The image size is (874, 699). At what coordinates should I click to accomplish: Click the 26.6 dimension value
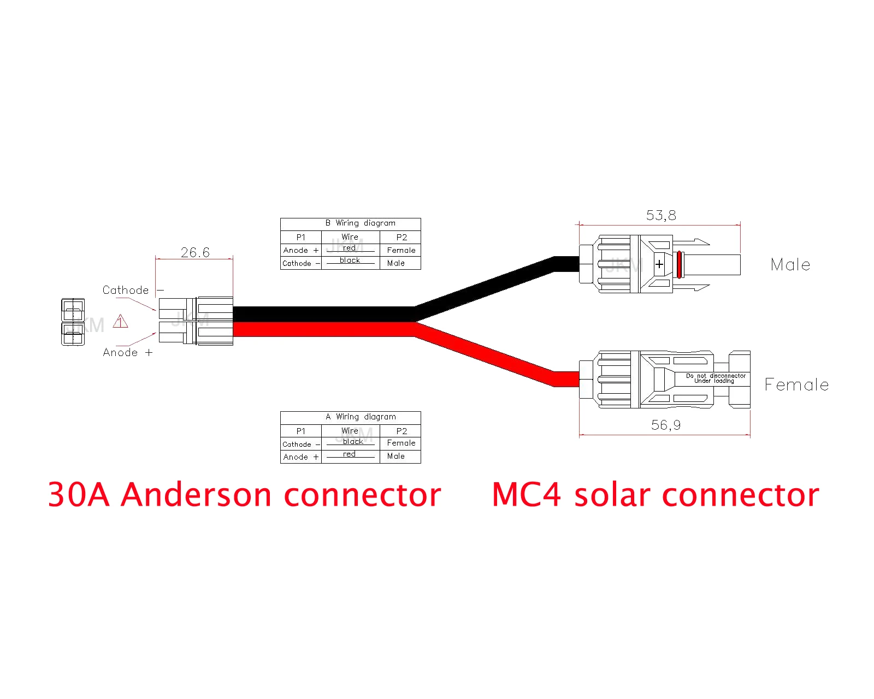[195, 252]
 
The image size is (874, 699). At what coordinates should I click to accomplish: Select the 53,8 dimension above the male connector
[661, 215]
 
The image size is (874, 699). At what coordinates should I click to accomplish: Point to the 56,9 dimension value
[666, 425]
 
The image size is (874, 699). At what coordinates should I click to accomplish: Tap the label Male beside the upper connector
[790, 265]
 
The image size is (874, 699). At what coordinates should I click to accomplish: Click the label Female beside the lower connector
[796, 385]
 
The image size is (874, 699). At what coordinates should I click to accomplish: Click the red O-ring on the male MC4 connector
[679, 264]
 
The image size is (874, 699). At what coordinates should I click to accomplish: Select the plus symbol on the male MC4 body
[659, 264]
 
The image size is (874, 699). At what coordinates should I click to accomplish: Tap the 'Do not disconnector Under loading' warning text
[716, 378]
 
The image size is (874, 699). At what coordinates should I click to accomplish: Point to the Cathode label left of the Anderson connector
[126, 290]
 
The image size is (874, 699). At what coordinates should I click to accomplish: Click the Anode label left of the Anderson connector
[121, 353]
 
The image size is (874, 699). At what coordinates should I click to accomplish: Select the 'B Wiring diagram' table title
[361, 223]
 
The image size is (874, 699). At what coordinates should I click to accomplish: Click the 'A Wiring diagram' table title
[361, 417]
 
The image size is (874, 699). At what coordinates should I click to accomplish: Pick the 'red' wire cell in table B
[350, 248]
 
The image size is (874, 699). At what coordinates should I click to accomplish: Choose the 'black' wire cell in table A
[353, 441]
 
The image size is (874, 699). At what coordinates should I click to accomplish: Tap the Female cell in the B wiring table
[401, 250]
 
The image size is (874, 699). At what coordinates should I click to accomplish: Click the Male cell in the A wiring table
[396, 456]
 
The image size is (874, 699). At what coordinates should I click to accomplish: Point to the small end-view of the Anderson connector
[73, 322]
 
